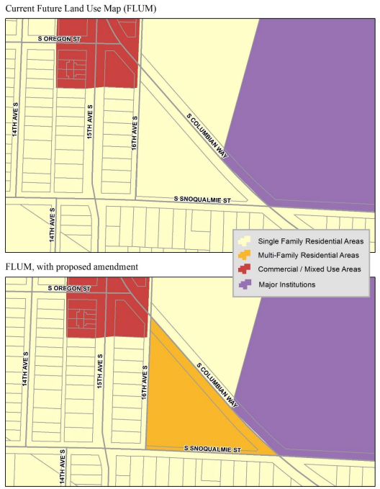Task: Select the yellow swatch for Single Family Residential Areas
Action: (x=245, y=241)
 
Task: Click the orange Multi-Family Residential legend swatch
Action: (x=245, y=255)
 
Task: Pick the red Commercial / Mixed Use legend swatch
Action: (x=245, y=269)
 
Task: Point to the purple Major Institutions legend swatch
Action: (x=245, y=284)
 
